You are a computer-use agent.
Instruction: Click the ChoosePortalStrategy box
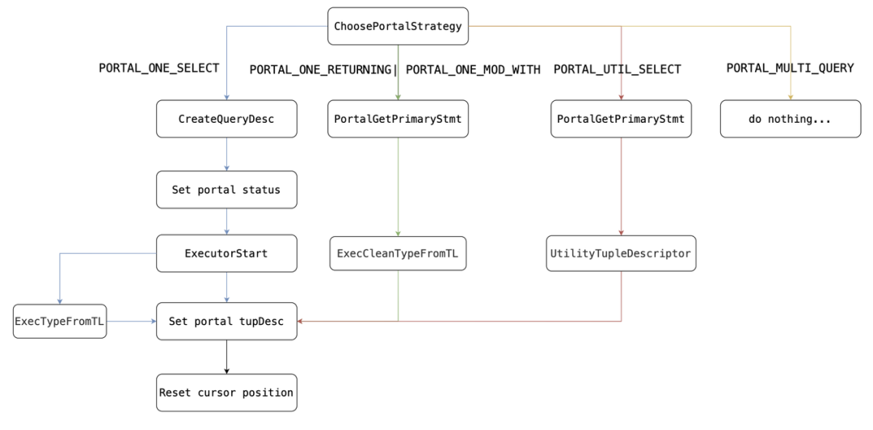click(x=398, y=26)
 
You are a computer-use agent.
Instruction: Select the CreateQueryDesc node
click(x=226, y=119)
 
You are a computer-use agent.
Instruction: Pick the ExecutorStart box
click(x=226, y=253)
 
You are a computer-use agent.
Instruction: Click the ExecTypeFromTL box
click(x=60, y=321)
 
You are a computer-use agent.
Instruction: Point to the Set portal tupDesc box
click(x=226, y=321)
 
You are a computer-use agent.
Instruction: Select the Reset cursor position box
click(x=226, y=392)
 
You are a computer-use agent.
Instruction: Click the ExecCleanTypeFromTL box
click(x=398, y=253)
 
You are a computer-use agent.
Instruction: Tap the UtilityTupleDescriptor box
click(x=621, y=253)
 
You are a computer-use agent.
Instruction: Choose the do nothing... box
click(x=790, y=119)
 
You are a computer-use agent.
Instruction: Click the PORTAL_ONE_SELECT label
click(x=158, y=68)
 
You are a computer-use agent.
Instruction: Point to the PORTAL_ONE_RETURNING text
click(x=320, y=70)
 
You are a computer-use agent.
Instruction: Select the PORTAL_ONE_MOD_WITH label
click(x=473, y=70)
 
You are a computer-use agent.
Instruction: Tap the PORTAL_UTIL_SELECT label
click(x=617, y=70)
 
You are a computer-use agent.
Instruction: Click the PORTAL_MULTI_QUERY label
click(x=790, y=68)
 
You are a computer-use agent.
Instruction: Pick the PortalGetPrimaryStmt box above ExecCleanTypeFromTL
click(x=398, y=119)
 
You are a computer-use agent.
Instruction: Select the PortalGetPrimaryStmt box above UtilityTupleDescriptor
click(x=621, y=119)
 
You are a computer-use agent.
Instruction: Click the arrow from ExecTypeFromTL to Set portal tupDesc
click(x=132, y=321)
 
